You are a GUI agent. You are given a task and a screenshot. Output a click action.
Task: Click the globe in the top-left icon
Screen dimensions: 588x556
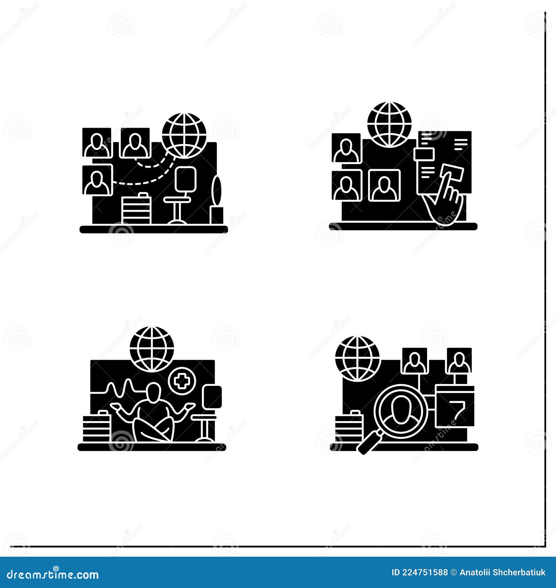pyautogui.click(x=184, y=135)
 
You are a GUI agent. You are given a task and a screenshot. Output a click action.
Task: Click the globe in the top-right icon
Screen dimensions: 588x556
pyautogui.click(x=389, y=124)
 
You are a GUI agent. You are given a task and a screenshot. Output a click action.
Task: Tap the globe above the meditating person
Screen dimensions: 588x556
pyautogui.click(x=152, y=349)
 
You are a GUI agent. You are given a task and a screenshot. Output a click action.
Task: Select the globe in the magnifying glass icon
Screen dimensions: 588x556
pyautogui.click(x=357, y=358)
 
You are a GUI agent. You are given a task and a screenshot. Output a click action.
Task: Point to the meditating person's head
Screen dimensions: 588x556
pyautogui.click(x=153, y=391)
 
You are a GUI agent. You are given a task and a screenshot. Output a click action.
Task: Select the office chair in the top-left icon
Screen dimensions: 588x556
pyautogui.click(x=181, y=195)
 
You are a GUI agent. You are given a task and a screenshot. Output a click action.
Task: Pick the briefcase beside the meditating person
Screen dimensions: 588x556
pyautogui.click(x=96, y=427)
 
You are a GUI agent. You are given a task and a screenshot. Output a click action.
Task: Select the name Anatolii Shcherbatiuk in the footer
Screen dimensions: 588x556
pyautogui.click(x=502, y=572)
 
